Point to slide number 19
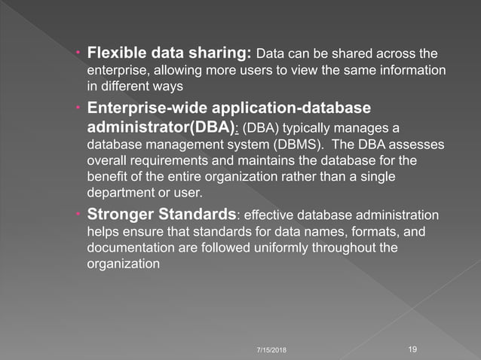point(412,349)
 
